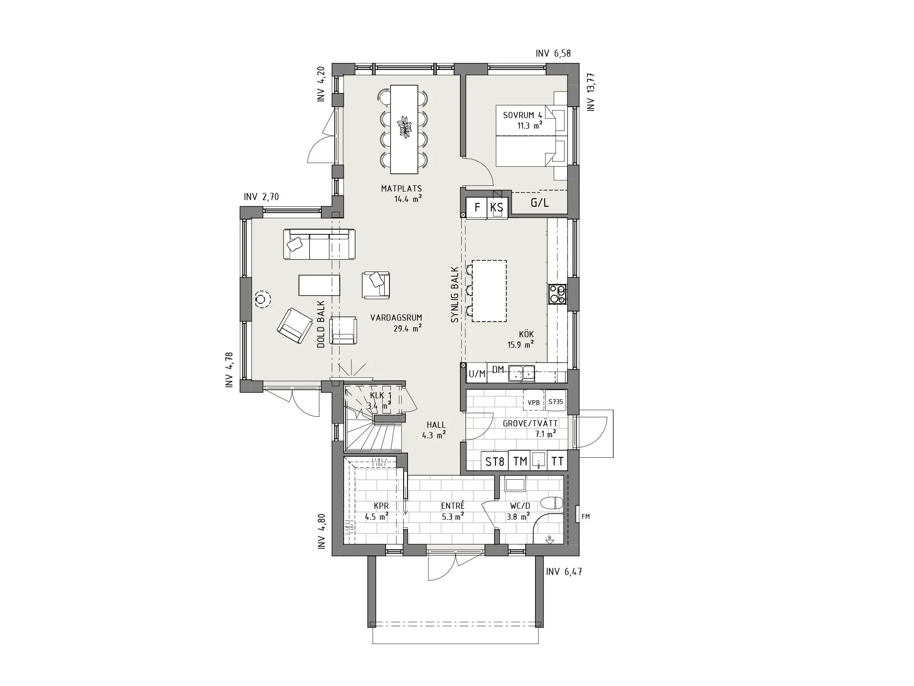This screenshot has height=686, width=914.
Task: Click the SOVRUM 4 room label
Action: (523, 115)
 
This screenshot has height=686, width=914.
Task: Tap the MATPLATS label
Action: (401, 189)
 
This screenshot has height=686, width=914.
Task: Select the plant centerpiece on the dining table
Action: (405, 127)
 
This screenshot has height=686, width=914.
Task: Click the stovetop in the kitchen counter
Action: (557, 294)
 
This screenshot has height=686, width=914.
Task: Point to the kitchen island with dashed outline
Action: (489, 291)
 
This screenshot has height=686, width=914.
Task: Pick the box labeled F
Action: (477, 208)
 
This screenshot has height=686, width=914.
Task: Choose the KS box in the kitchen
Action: (497, 208)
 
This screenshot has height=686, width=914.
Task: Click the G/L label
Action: (539, 203)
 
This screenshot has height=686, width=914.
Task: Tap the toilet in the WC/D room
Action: (553, 503)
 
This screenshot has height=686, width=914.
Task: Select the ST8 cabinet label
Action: (495, 461)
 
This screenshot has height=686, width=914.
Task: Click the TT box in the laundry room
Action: (557, 461)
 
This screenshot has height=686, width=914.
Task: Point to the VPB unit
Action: (534, 402)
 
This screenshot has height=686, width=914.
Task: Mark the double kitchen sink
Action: (521, 373)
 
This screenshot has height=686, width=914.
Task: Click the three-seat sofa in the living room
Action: (319, 244)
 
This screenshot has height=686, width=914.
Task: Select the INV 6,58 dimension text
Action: (553, 54)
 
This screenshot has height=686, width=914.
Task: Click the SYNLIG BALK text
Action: (455, 295)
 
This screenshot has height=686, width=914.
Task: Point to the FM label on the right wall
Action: (586, 516)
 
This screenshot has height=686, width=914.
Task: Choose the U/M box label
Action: (477, 374)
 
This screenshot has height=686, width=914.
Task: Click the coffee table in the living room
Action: (319, 285)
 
